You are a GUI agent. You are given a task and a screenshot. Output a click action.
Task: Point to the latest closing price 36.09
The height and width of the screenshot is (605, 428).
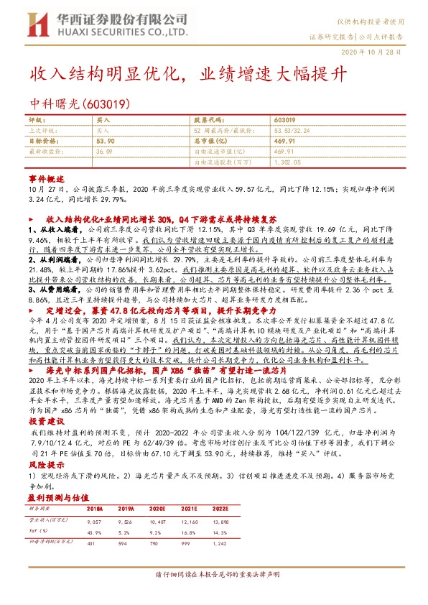(104, 152)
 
